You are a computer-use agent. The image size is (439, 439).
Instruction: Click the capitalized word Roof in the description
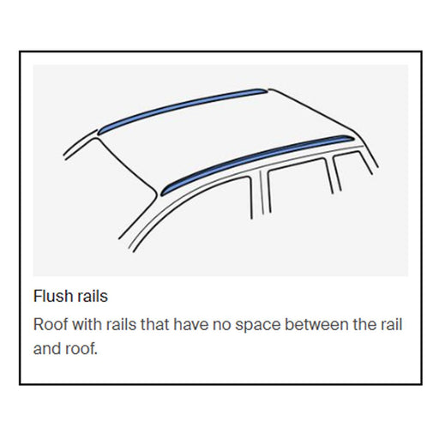[50, 326]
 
